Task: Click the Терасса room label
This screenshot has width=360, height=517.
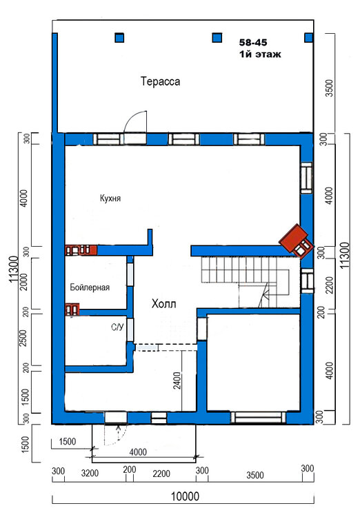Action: coord(161,81)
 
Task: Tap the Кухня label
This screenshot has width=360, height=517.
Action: coord(110,198)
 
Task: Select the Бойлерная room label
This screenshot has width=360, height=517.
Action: coord(90,287)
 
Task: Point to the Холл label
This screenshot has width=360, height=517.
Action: coord(163,303)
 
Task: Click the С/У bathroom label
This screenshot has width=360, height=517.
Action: coord(117,327)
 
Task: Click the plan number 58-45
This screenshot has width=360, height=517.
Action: coord(253,42)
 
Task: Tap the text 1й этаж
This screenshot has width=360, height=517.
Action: coord(260,54)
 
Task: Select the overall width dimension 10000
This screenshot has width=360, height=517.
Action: coord(185,496)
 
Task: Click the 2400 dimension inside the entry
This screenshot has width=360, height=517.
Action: coord(177,381)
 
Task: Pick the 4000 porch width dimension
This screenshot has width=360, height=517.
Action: coord(138,452)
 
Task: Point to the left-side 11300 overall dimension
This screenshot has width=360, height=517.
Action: coord(14,269)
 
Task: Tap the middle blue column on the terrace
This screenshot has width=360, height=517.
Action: coord(217,38)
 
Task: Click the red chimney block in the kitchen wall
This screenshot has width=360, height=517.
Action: coord(81,250)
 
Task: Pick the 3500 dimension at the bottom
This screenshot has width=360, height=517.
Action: coord(255,475)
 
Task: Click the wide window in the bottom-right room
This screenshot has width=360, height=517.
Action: coord(258,418)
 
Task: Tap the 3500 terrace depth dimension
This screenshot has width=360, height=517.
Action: coord(330,88)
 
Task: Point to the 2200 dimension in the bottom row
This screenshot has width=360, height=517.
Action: coord(161,474)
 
